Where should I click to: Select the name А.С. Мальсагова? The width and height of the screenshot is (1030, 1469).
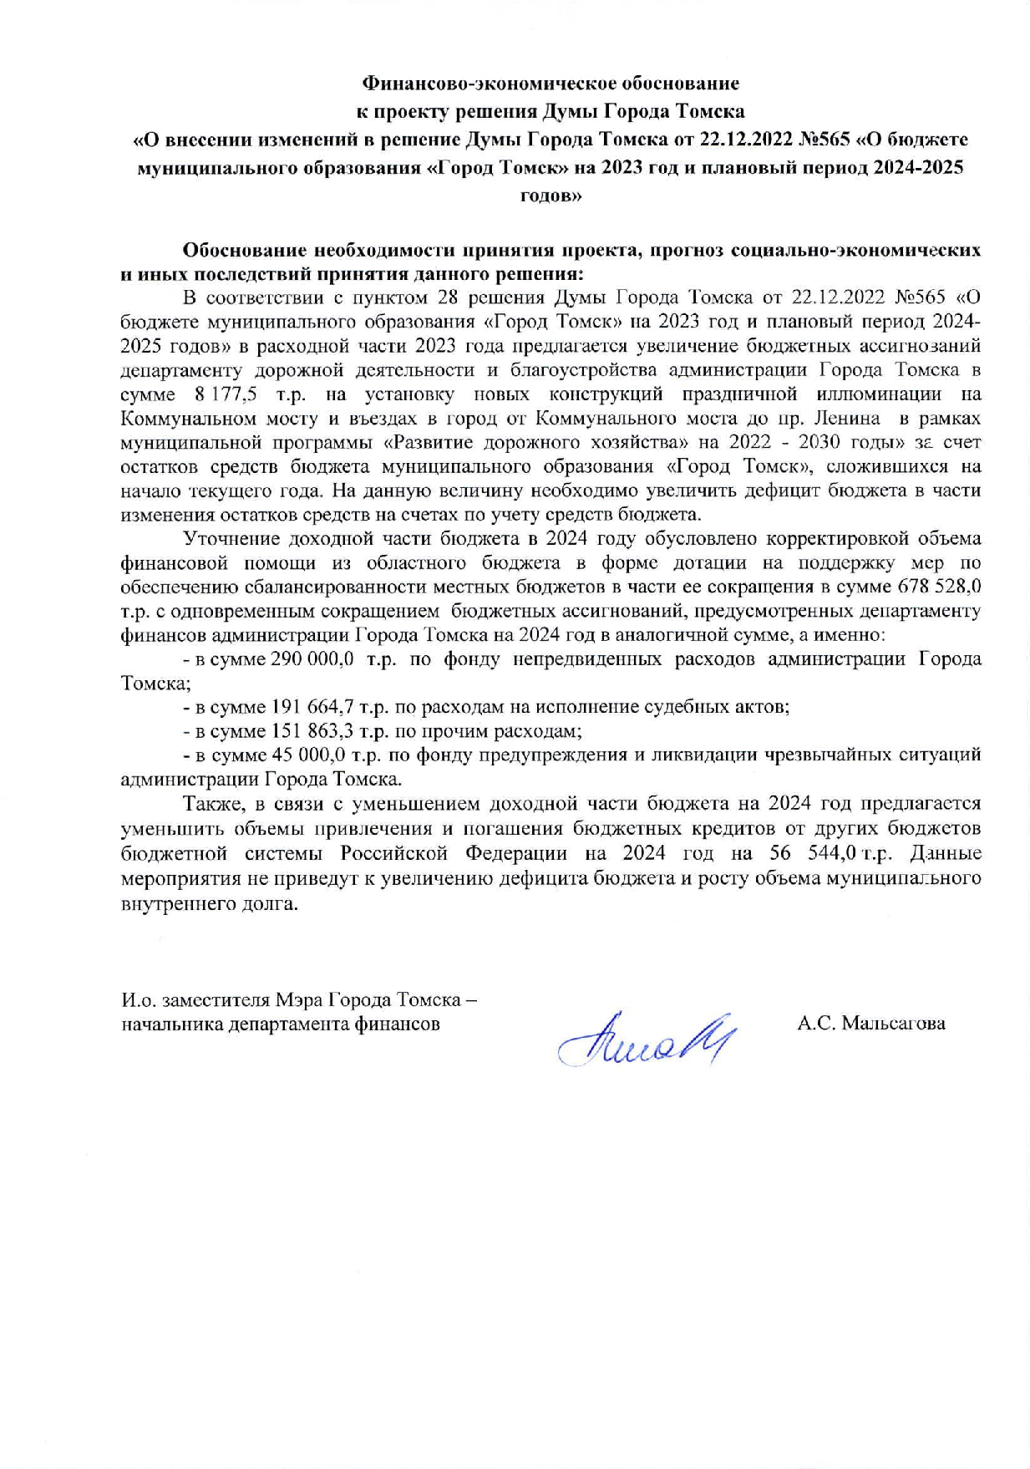point(870,1023)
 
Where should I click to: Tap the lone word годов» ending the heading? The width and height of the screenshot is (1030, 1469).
point(551,196)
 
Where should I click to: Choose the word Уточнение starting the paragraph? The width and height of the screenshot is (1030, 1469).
point(229,538)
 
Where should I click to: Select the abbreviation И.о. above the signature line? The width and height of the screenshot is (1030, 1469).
point(138,1000)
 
